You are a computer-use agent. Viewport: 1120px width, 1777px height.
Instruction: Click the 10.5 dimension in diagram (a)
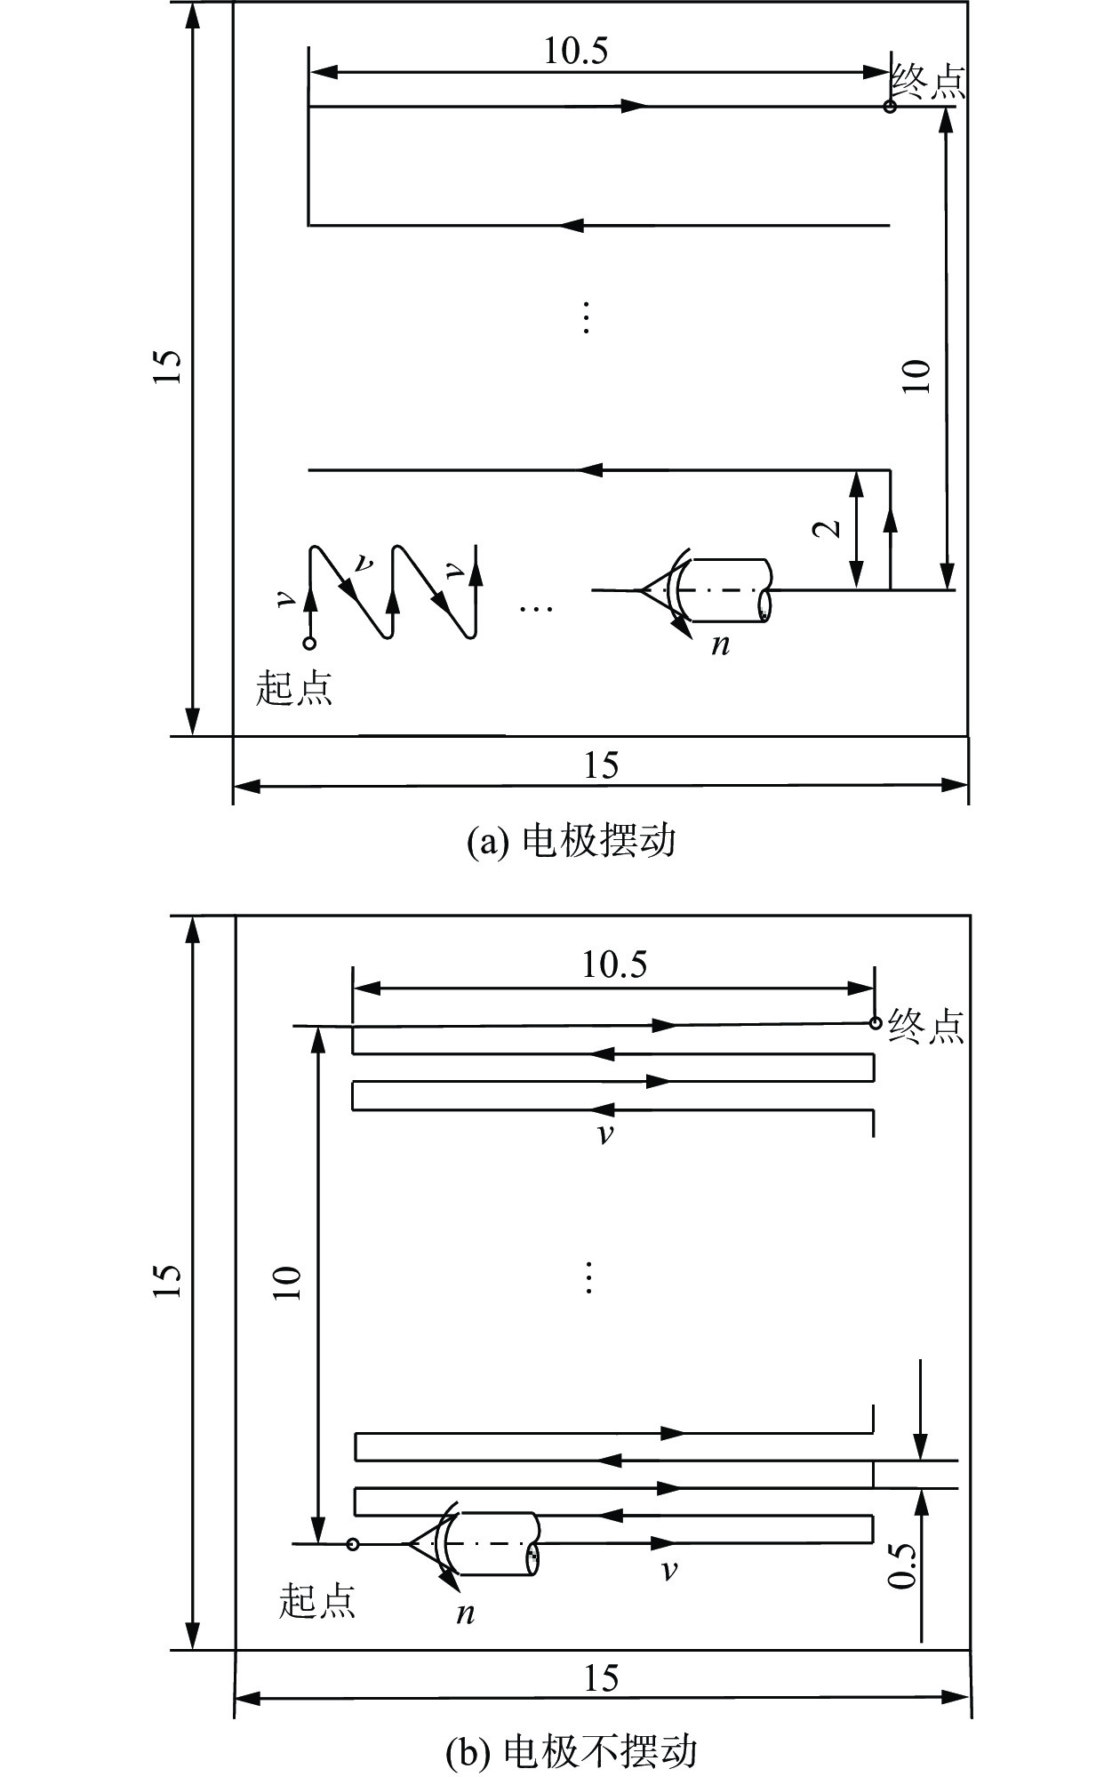(x=576, y=51)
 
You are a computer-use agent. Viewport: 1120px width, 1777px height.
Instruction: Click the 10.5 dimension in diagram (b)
(x=614, y=965)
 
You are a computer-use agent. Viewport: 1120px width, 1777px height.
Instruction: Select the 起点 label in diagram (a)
(x=294, y=688)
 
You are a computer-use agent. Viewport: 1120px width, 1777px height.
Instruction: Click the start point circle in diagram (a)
(x=309, y=643)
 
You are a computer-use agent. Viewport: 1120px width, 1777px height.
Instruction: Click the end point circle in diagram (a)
(x=890, y=108)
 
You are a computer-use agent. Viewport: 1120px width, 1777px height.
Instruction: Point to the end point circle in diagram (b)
(x=875, y=1023)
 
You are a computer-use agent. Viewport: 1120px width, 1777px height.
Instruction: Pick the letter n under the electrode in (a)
(x=721, y=644)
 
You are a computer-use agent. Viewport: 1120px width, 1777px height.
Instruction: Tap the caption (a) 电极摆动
(x=572, y=840)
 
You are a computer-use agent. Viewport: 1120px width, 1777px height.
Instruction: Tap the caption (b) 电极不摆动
(x=572, y=1750)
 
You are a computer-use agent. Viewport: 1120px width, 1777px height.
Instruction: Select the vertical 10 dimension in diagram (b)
(x=288, y=1282)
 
